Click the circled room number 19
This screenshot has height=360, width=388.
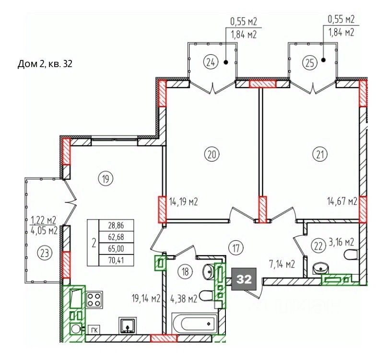[x=106, y=178]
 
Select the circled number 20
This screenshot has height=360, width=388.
[x=212, y=154]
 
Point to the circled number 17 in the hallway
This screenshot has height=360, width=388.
[x=236, y=247]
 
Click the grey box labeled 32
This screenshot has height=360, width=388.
[x=244, y=279]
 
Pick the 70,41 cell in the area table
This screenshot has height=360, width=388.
[x=116, y=260]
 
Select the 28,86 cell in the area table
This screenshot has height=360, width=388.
[x=116, y=225]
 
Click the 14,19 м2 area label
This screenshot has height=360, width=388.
[x=183, y=202]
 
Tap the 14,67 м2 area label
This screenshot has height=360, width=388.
[x=342, y=201]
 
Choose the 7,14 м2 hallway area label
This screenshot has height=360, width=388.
[x=282, y=265]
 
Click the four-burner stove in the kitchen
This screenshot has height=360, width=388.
[x=94, y=300]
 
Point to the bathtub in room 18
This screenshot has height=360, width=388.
[x=195, y=323]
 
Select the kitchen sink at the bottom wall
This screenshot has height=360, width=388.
[x=128, y=325]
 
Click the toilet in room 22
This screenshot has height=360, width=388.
[x=351, y=255]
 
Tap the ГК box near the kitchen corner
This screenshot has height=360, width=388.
[x=94, y=330]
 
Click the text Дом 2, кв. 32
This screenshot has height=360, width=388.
[x=45, y=64]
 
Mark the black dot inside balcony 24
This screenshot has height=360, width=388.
[x=226, y=62]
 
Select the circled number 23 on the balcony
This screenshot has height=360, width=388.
[x=45, y=254]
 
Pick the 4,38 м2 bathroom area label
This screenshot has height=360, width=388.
[x=184, y=299]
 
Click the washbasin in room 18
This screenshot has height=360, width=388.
[x=209, y=271]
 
